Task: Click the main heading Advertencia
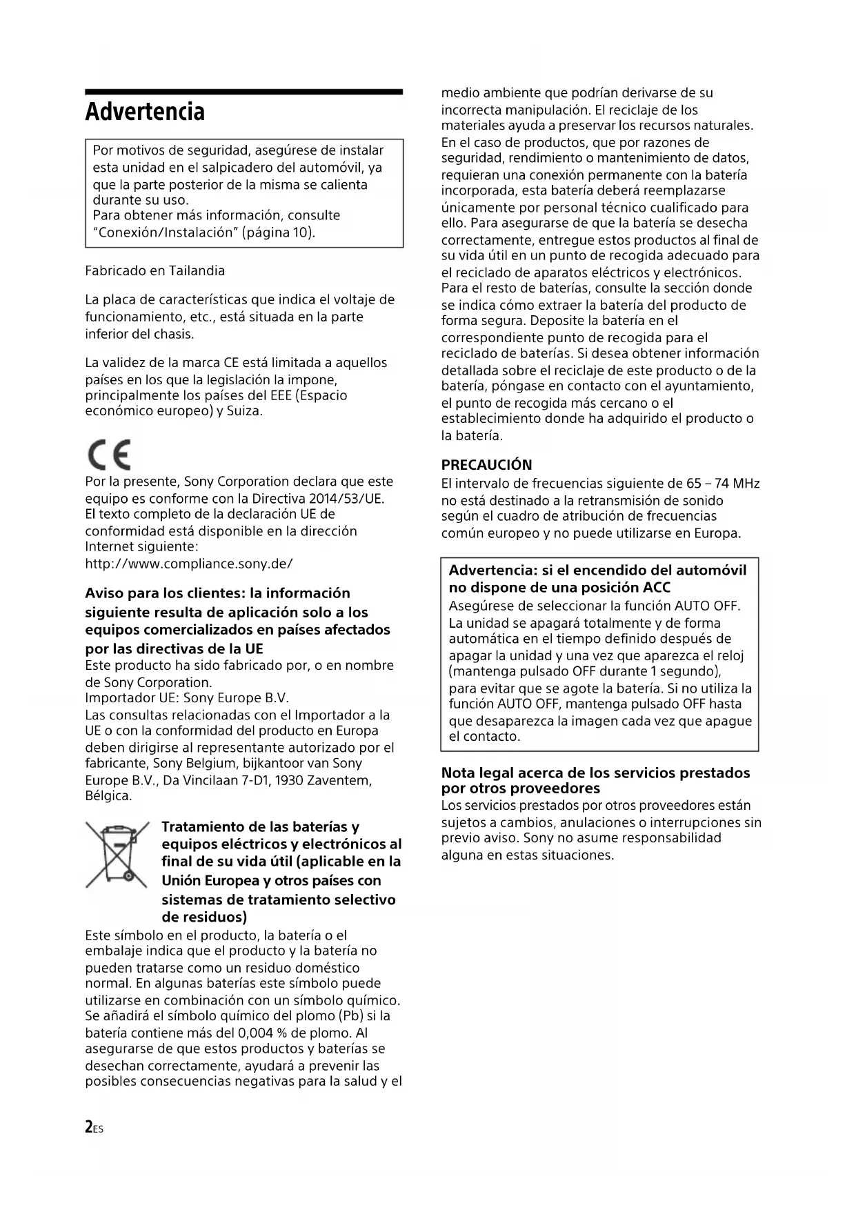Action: (x=145, y=112)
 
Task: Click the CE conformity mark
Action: (x=109, y=455)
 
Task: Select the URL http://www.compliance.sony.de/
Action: (x=189, y=564)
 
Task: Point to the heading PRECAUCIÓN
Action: (x=486, y=465)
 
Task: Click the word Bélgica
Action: (x=108, y=796)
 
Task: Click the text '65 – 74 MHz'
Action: (x=723, y=484)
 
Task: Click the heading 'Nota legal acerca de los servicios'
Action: (x=595, y=773)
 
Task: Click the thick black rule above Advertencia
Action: (x=243, y=92)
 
